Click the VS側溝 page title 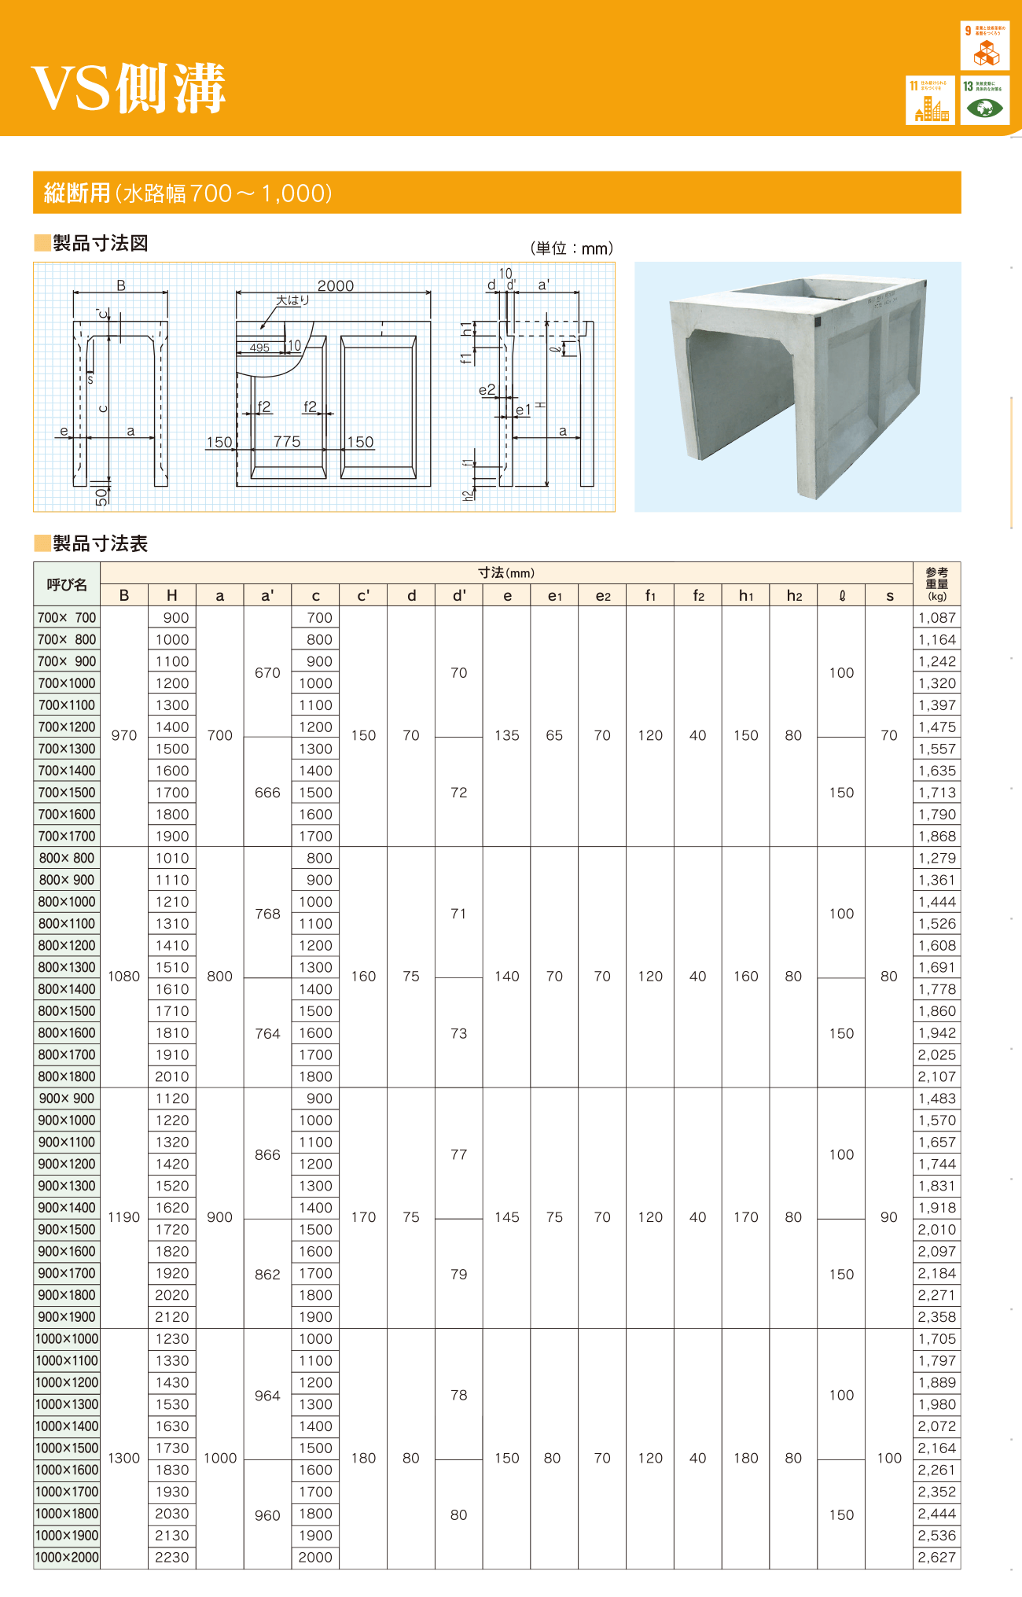coord(129,87)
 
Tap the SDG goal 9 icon coord(984,46)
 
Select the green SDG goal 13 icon coord(984,100)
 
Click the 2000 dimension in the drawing coord(336,285)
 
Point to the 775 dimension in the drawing coord(287,442)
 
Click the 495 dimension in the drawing coord(259,348)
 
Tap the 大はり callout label coord(292,300)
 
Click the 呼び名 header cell coord(67,584)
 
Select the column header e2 coord(602,595)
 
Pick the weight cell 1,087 coord(937,618)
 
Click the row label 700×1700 coord(67,836)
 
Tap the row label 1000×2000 coord(67,1557)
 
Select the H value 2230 coord(171,1557)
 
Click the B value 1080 coord(124,976)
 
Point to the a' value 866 coord(267,1154)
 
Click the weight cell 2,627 coord(937,1557)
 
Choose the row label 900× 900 coord(67,1098)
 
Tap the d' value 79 coord(459,1274)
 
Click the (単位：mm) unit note coord(572,248)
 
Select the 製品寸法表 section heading coord(100,543)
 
